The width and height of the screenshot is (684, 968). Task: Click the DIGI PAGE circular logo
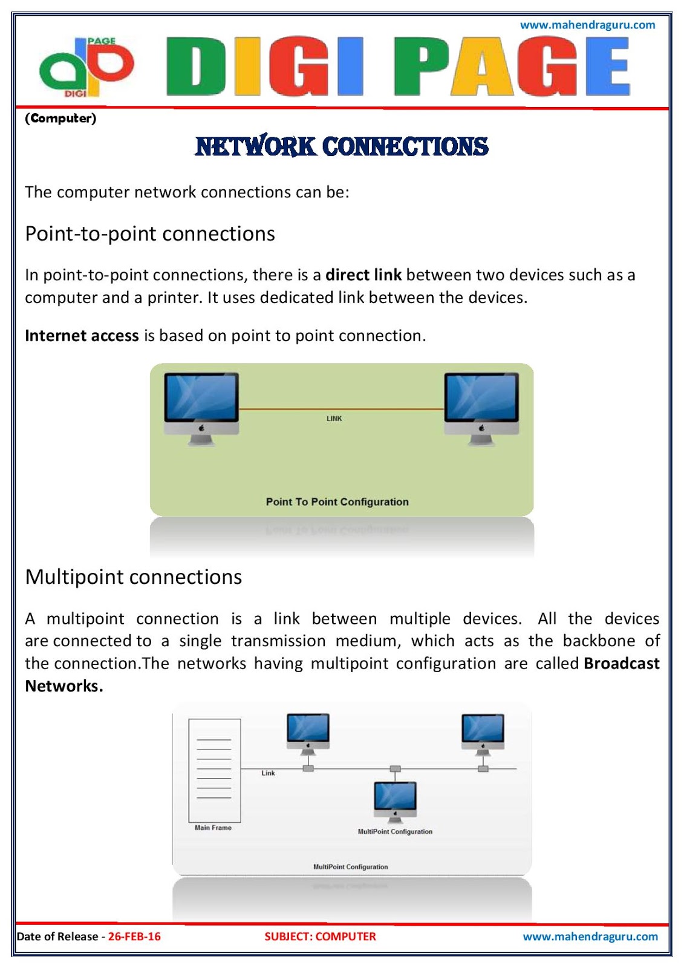click(x=85, y=67)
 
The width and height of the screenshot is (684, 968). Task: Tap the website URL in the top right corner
click(x=587, y=25)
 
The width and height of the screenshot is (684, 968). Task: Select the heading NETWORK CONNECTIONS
click(x=342, y=146)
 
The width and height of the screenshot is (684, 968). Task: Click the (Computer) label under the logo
click(x=60, y=118)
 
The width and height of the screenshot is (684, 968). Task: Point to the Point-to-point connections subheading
click(x=150, y=234)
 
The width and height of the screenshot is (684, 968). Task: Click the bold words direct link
click(x=363, y=275)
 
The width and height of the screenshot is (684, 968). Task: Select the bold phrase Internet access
click(x=82, y=336)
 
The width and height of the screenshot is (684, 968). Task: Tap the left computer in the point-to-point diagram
click(x=201, y=407)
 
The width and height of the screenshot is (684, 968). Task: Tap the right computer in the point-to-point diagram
click(x=481, y=407)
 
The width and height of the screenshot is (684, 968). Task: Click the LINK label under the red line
click(x=334, y=419)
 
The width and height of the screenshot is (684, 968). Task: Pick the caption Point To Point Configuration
click(x=337, y=502)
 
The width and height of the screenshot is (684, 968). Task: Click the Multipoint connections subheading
click(x=134, y=577)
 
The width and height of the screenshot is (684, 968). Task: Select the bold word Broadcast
click(x=621, y=664)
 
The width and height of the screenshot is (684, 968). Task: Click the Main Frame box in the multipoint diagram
click(x=215, y=769)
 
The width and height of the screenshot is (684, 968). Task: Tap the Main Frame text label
click(x=213, y=828)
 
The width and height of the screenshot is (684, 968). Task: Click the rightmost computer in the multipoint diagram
click(x=483, y=733)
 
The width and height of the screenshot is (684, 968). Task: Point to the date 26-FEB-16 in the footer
click(x=134, y=937)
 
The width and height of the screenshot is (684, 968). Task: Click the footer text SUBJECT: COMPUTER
click(x=320, y=937)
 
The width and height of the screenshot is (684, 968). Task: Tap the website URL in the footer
click(x=590, y=937)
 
